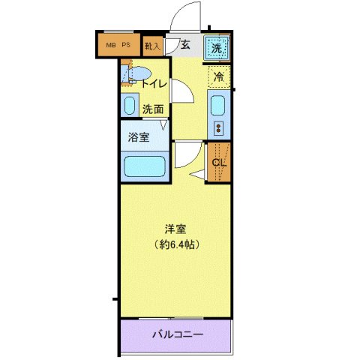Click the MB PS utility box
tap(118, 46)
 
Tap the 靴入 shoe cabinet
tap(152, 47)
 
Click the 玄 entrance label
tap(184, 46)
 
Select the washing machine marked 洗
tap(217, 47)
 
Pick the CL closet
tap(219, 161)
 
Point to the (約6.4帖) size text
tap(177, 244)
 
